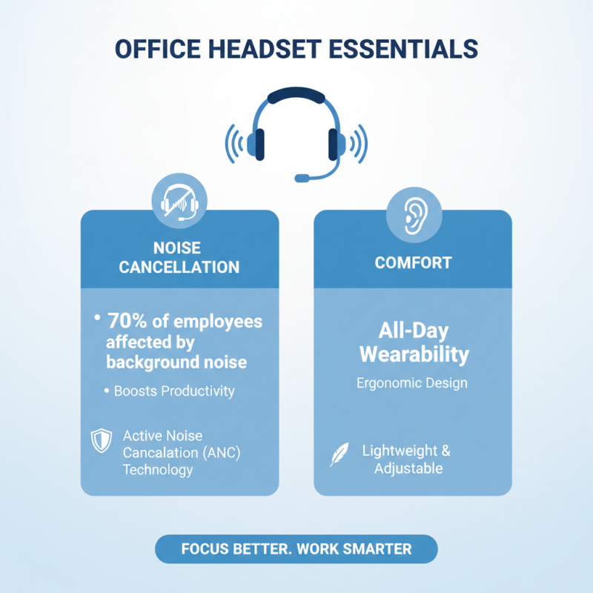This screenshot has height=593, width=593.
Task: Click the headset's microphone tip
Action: (x=301, y=178)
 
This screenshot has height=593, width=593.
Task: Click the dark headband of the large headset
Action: (x=296, y=96)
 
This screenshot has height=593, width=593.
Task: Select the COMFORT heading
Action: (x=413, y=263)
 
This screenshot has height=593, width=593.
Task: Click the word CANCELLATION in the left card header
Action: (x=179, y=267)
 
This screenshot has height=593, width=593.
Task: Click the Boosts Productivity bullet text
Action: (x=174, y=391)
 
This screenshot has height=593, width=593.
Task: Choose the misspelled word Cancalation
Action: (x=156, y=452)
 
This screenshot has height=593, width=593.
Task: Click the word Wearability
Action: (x=414, y=354)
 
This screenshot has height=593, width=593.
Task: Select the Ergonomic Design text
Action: (x=413, y=383)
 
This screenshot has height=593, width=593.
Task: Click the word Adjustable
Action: (x=408, y=468)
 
